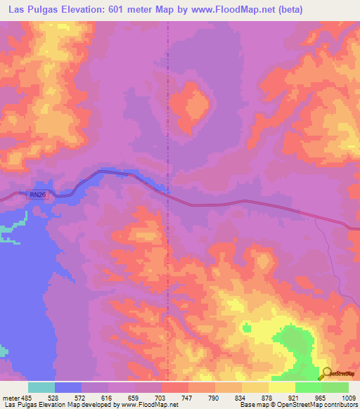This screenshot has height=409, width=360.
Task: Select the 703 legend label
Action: click(x=162, y=397)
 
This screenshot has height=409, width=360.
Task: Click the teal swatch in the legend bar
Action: click(x=41, y=387)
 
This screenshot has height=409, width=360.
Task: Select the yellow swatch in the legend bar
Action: click(x=281, y=387)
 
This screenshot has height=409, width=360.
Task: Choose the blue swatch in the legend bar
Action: click(x=68, y=387)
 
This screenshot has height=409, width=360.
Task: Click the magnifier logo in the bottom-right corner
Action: click(x=326, y=374)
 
